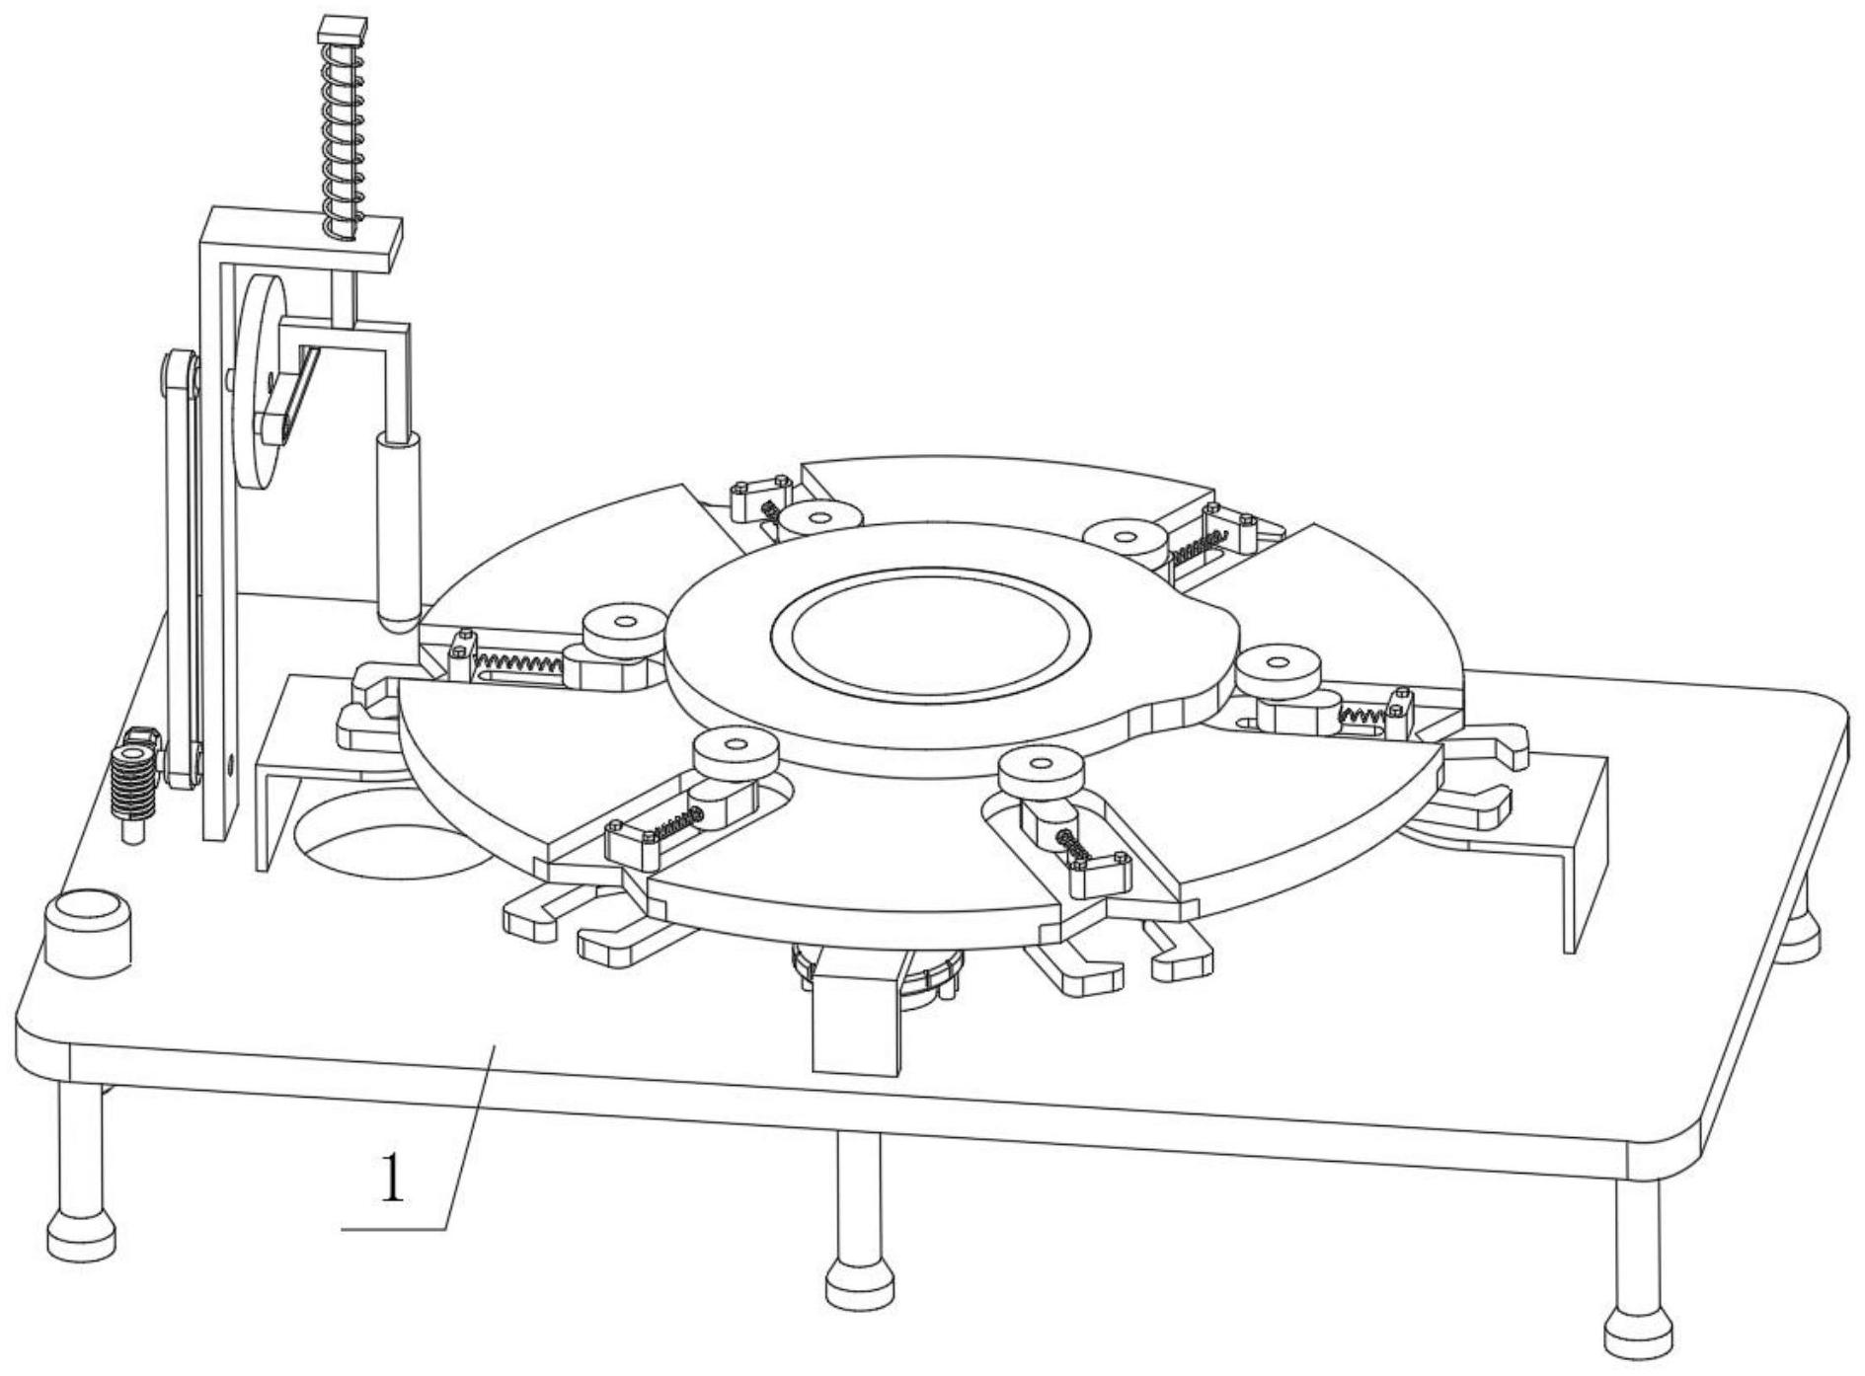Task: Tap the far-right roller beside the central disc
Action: pos(1280,673)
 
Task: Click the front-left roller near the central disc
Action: pos(737,758)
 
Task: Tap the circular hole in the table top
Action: pos(385,833)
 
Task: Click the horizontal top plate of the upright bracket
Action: pos(302,238)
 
